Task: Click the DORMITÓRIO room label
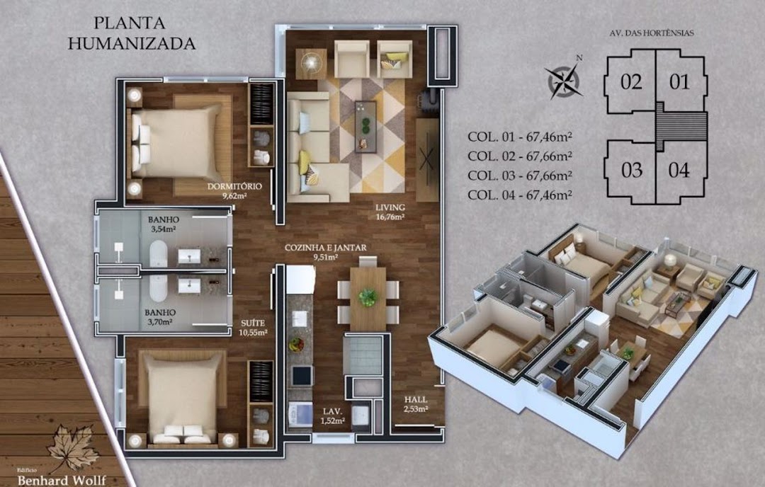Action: pos(234,190)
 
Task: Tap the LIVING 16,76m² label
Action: pos(390,212)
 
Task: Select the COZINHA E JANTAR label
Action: pos(325,252)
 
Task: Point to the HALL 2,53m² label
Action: pos(416,404)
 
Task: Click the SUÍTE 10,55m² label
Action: pos(253,328)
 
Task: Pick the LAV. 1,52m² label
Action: pos(333,416)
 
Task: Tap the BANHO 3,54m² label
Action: pos(163,224)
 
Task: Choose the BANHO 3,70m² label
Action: pos(160,317)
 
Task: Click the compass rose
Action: pos(564,80)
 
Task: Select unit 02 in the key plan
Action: pos(631,82)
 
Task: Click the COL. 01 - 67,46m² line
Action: pos(520,137)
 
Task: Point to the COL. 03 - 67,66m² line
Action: pos(520,176)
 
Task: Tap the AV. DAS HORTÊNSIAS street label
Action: pos(652,33)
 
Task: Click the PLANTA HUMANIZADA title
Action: pos(131,33)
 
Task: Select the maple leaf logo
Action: pos(74,447)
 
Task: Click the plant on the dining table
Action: pos(368,297)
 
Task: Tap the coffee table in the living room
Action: pos(365,126)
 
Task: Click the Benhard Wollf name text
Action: pos(62,480)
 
